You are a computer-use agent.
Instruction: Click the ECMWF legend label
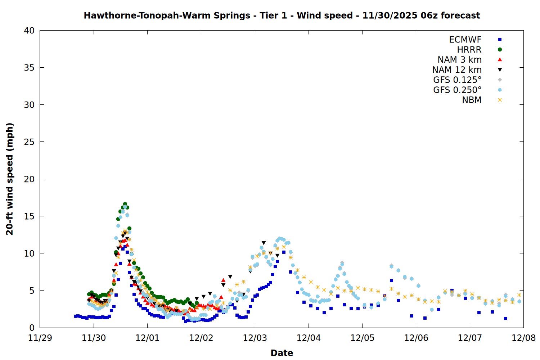point(465,40)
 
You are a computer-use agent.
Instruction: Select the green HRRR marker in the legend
point(500,50)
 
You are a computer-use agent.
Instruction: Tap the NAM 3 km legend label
point(459,60)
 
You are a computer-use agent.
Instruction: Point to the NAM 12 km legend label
point(457,70)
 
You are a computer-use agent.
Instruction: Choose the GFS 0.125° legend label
point(457,80)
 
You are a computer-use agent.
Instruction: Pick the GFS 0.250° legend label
point(457,90)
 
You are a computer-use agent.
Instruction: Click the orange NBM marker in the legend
point(500,100)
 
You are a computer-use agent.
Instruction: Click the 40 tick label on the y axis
point(29,31)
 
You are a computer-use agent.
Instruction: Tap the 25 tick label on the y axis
point(29,142)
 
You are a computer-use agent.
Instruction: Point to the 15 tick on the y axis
point(29,216)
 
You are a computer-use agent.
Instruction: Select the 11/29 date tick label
point(40,338)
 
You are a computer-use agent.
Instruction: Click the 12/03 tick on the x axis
point(255,338)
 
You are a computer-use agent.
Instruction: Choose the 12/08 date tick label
point(523,338)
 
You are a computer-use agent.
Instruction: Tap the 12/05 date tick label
point(362,338)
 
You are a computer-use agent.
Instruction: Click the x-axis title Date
point(282,353)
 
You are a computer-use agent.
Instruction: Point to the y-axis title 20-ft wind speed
point(10,179)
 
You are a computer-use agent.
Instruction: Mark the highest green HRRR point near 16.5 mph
point(125,204)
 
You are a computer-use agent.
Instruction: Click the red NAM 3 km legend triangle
point(500,60)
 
